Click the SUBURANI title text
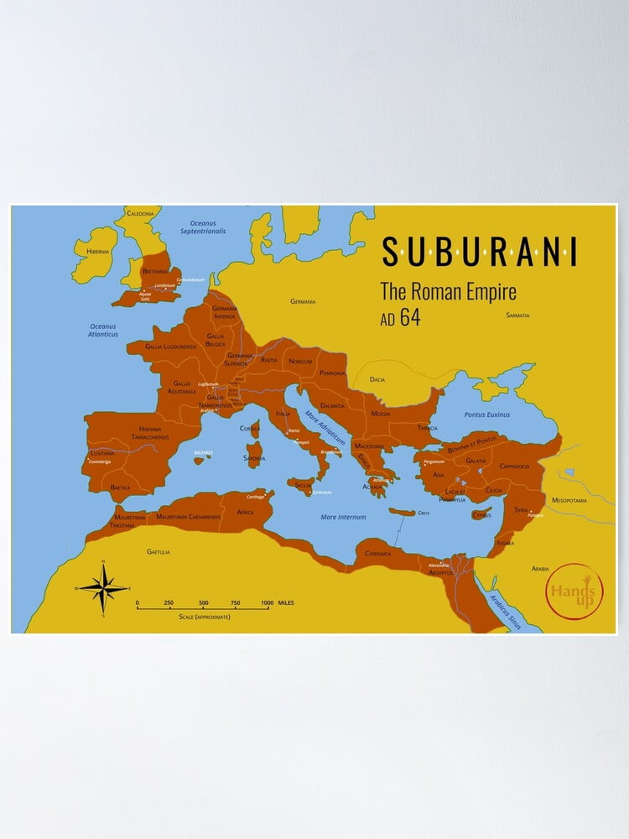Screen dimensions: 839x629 coord(479,251)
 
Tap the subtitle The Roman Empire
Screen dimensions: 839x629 coord(448,292)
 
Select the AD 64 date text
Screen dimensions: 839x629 coord(400,317)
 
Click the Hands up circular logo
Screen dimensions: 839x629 coord(574,591)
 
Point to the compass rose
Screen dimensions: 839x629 coord(103,587)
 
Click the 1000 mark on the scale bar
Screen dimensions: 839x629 coord(266,603)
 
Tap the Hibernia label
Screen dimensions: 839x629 coord(91,251)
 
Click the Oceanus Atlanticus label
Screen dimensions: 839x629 coord(105,330)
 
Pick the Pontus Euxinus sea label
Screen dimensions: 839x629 coord(486,414)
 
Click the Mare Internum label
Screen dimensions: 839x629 coord(343,517)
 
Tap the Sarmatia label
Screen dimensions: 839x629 coord(518,315)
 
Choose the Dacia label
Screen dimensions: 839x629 coord(377,379)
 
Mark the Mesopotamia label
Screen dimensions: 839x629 coord(569,500)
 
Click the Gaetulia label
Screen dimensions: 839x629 coord(158,551)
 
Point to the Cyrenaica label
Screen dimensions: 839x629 coord(372,553)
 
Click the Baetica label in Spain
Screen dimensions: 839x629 coord(121,487)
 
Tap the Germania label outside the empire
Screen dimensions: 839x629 coord(303,301)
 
